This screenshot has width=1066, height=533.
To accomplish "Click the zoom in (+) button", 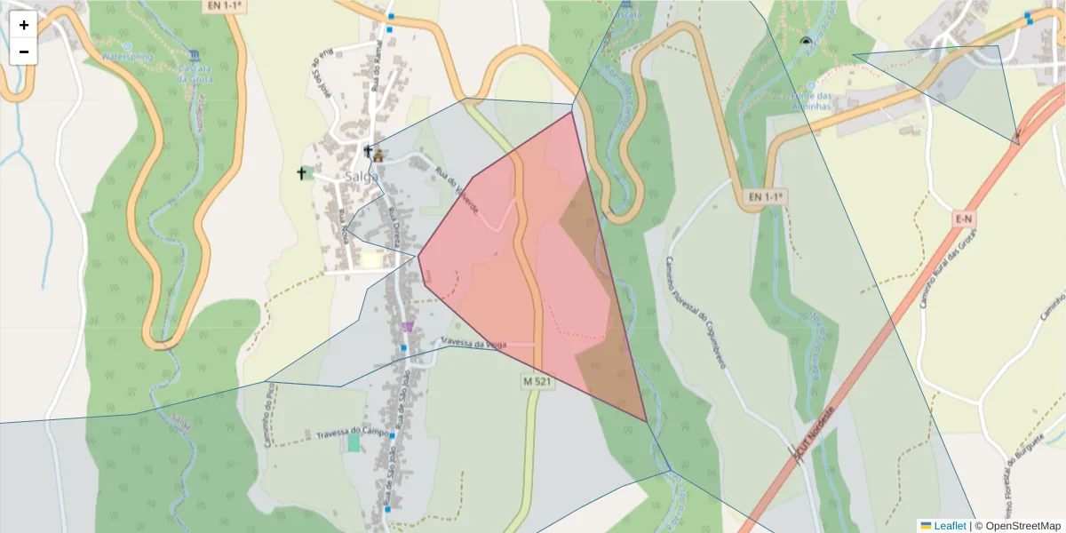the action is [x=24, y=25].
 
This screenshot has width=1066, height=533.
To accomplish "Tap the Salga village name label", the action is [x=362, y=177].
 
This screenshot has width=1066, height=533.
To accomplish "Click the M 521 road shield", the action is [x=537, y=381].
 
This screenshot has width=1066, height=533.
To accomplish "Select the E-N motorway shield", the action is [x=964, y=218].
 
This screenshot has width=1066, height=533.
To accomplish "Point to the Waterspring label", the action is [x=128, y=57].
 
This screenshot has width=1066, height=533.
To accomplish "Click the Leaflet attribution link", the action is [x=949, y=526].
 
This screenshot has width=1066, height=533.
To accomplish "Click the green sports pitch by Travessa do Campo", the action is [x=354, y=442].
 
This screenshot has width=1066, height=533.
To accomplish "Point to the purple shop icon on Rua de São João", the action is [x=408, y=327].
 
